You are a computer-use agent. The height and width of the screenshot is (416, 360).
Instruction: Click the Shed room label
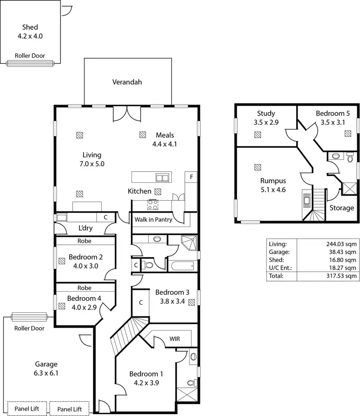pos(30,27)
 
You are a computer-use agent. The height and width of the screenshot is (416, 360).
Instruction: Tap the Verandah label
pos(127,82)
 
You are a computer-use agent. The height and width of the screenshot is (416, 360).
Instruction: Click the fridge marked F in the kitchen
pos(192,177)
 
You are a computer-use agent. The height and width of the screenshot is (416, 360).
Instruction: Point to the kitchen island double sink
pos(162,178)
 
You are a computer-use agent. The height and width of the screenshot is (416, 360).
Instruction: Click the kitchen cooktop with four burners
pos(153,205)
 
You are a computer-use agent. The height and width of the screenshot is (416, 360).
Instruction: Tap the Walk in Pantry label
pos(153,220)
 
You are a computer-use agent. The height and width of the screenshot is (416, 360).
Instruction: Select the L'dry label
pos(85,228)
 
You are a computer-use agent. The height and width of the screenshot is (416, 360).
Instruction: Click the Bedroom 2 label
pos(85,256)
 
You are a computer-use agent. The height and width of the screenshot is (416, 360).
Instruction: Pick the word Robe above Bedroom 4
pos(84,288)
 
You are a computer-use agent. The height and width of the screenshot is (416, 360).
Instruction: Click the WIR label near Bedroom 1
pos(175,339)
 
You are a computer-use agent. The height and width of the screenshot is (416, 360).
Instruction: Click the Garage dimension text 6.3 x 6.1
pos(46,372)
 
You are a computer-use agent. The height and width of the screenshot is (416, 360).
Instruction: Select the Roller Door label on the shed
pos(30,56)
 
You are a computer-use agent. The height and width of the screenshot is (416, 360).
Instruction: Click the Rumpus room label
pos(273,181)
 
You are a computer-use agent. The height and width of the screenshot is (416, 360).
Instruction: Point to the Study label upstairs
pos(266,113)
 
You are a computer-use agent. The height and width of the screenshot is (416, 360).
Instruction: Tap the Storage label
pos(342,208)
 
